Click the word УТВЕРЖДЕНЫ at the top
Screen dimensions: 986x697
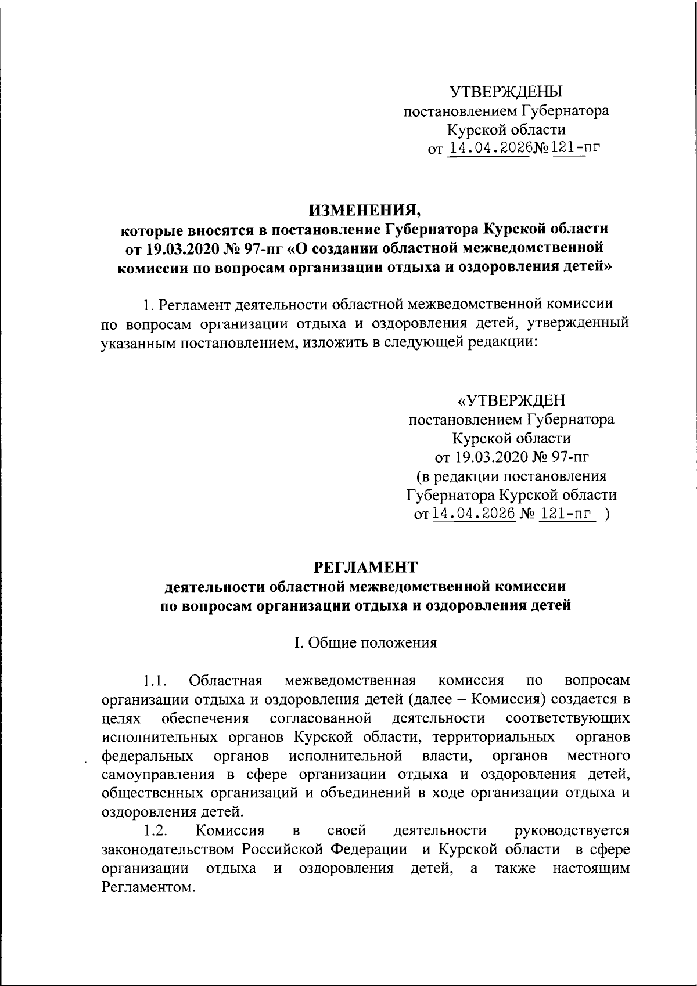pos(506,92)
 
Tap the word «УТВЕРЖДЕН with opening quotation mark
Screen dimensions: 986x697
pos(511,401)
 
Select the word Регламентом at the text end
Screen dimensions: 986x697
pos(146,887)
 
